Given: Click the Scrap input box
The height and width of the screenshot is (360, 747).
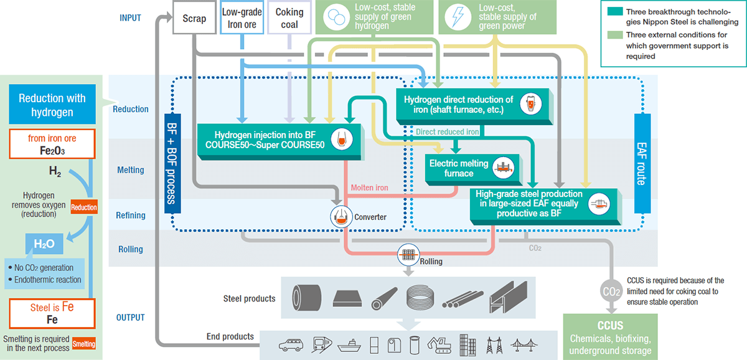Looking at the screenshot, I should [x=194, y=18].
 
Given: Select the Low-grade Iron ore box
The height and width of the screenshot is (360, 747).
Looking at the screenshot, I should [x=242, y=18].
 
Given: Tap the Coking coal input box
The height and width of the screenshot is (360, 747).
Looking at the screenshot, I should [x=289, y=18].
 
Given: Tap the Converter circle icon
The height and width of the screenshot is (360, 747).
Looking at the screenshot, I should [x=341, y=217].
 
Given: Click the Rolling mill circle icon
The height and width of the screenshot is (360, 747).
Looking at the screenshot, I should [x=408, y=254].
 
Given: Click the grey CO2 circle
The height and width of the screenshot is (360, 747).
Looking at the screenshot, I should [x=612, y=291].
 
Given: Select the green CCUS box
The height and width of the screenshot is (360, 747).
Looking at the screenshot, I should [x=610, y=337].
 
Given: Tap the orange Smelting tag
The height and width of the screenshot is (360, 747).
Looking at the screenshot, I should [x=84, y=344].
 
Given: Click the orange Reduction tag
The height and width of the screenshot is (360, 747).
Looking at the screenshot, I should [x=84, y=207].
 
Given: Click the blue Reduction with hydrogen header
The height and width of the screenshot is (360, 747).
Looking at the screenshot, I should [x=52, y=105].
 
